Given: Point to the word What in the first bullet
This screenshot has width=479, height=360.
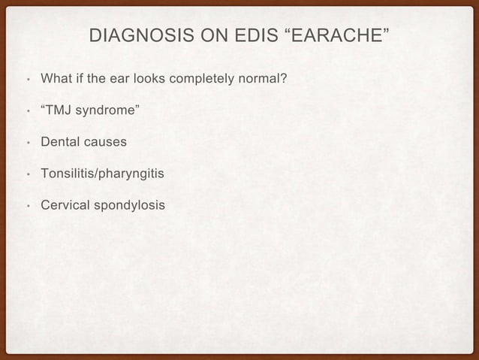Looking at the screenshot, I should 55,78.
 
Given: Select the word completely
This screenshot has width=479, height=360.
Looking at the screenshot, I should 196,78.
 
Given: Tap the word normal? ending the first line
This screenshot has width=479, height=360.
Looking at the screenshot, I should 257,78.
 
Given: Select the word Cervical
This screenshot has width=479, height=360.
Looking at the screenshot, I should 64,205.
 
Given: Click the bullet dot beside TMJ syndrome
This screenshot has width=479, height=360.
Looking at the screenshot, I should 27,113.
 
